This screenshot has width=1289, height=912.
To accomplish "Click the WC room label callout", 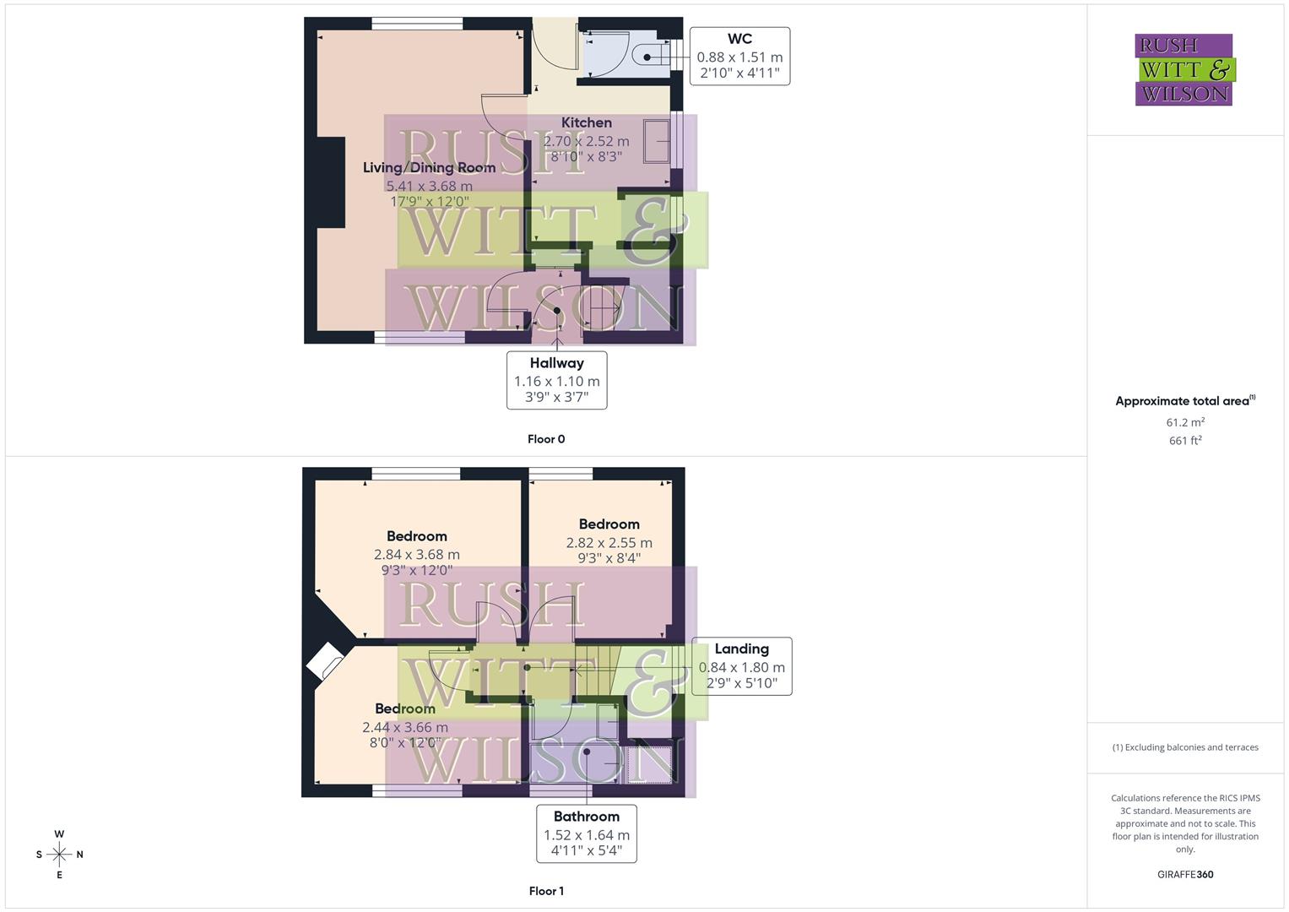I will click(739, 56).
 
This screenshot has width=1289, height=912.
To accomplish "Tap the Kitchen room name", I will click(587, 123).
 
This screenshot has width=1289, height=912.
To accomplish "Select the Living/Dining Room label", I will click(429, 167).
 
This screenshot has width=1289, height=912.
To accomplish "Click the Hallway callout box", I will click(556, 380).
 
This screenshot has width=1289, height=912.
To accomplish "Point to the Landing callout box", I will click(741, 665).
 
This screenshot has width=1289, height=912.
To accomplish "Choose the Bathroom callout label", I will click(586, 833).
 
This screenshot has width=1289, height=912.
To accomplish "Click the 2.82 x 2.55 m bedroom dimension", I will click(609, 543).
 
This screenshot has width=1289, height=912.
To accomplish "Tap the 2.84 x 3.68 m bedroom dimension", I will click(416, 555).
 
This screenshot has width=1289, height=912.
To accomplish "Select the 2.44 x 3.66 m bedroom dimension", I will click(404, 727).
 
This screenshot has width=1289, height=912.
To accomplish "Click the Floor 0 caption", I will click(546, 439).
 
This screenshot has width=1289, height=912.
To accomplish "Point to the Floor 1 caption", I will click(546, 891).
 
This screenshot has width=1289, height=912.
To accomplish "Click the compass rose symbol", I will click(59, 855).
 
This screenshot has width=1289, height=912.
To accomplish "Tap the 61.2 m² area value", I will click(1185, 422).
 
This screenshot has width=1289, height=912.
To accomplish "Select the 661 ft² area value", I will click(1185, 441).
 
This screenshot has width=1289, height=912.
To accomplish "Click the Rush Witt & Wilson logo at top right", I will click(1183, 69).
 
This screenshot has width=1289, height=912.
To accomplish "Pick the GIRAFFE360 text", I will click(1185, 875).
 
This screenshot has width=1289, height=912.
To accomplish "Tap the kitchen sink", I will click(657, 141).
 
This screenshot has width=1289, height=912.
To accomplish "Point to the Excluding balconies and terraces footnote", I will click(1185, 747).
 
